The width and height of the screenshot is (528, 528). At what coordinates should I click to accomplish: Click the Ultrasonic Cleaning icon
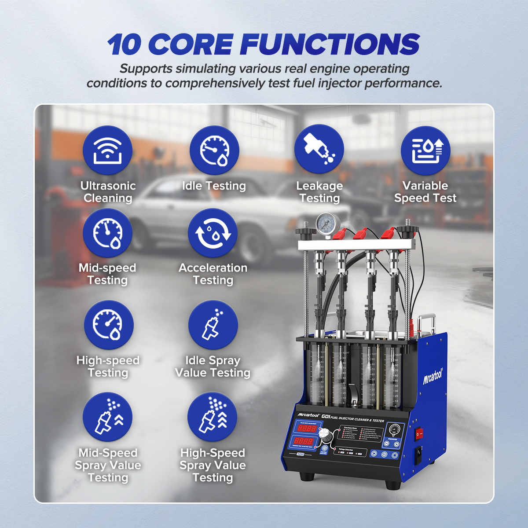[107, 150]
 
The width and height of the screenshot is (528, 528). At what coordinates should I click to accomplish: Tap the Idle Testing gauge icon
[214, 150]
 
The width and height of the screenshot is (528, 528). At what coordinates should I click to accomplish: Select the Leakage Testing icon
[319, 150]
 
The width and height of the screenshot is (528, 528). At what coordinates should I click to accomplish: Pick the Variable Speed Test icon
[425, 150]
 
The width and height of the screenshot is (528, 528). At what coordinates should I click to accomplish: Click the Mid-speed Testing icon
[107, 233]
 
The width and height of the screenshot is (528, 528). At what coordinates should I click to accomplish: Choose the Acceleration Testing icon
[213, 233]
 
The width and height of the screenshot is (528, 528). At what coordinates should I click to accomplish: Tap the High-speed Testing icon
[108, 325]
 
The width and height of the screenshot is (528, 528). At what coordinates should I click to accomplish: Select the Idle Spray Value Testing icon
[213, 325]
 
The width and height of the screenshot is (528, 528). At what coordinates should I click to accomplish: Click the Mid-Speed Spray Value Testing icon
[107, 417]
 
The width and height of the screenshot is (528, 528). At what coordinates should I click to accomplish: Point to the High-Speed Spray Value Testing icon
[212, 417]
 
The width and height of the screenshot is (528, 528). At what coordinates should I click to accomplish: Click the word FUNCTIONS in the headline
[330, 45]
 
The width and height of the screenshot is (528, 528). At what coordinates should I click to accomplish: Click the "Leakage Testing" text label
[319, 192]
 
